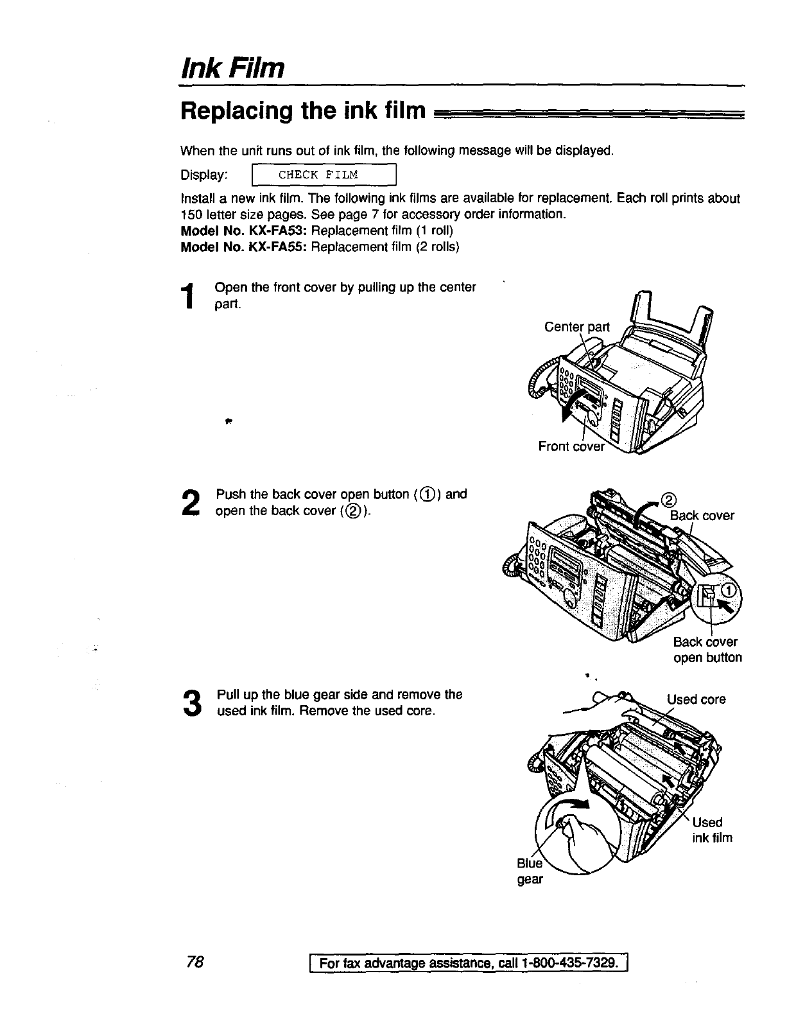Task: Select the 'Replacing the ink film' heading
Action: pyautogui.click(x=303, y=111)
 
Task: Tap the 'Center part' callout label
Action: pyautogui.click(x=576, y=327)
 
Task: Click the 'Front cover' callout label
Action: pyautogui.click(x=571, y=446)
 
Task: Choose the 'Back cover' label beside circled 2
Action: pyautogui.click(x=702, y=516)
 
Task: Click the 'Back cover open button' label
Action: pyautogui.click(x=707, y=650)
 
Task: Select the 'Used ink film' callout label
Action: pyautogui.click(x=711, y=830)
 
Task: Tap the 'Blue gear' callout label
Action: pyautogui.click(x=530, y=871)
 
